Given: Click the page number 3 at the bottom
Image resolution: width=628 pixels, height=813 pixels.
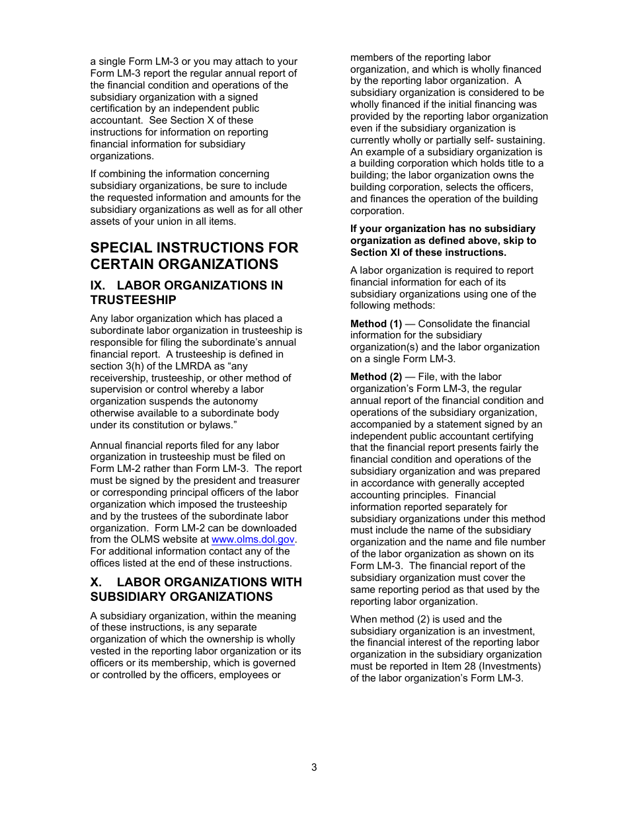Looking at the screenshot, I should (314, 767).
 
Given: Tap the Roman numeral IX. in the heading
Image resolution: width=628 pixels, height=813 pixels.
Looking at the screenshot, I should (100, 286).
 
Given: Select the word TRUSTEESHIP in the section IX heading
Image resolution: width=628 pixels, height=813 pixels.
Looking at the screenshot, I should (134, 300).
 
